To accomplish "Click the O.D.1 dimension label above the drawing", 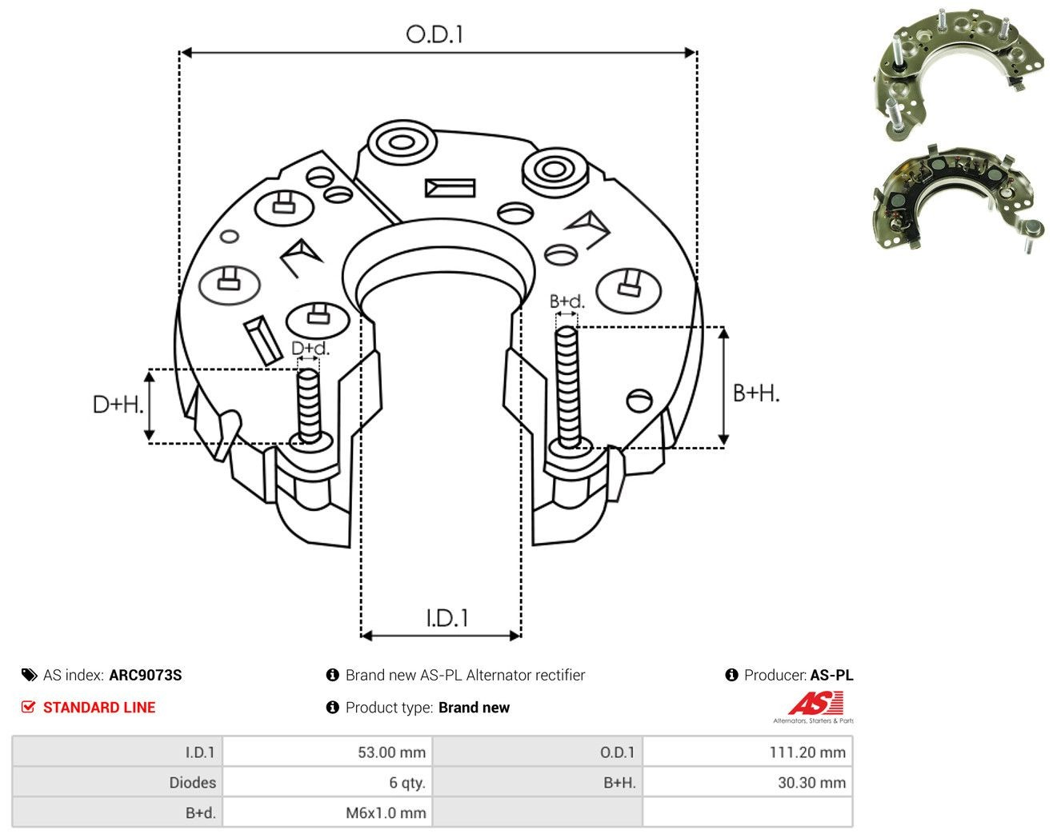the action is (x=434, y=34).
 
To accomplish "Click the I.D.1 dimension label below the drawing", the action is (x=446, y=618).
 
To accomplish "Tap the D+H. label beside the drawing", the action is (x=118, y=405).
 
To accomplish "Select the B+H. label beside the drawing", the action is (x=756, y=393).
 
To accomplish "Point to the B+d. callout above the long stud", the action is (x=567, y=301).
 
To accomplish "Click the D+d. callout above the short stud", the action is (x=310, y=348).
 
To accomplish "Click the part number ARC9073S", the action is (x=146, y=675).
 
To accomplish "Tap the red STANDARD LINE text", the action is (x=99, y=708).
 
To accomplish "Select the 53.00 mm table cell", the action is (x=326, y=752).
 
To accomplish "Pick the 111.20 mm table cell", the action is (x=747, y=752).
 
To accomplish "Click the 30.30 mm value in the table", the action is (x=812, y=782).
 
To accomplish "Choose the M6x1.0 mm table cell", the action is (x=326, y=812).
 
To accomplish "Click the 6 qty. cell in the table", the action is (x=326, y=782).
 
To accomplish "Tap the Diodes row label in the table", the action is (x=192, y=782).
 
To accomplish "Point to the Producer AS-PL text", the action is (x=799, y=675).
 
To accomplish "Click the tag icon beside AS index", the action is (x=30, y=675).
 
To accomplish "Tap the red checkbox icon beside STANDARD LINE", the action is (x=28, y=708).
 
